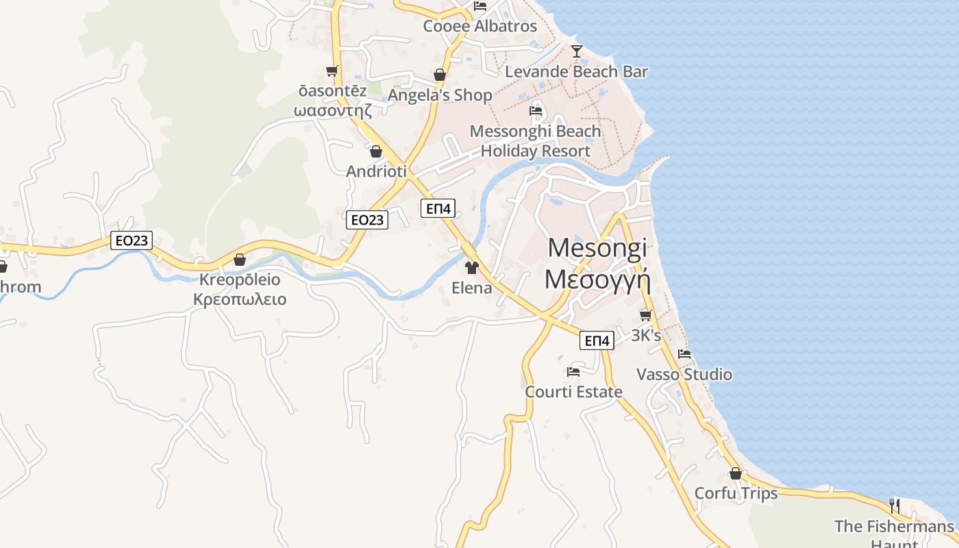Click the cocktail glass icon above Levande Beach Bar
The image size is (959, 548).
(x=577, y=51)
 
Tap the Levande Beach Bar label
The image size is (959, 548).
(x=576, y=71)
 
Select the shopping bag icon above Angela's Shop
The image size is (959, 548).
(x=440, y=75)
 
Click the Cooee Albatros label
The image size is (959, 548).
(x=480, y=26)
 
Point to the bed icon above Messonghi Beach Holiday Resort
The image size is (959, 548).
(x=536, y=110)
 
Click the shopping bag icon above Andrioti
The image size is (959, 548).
(x=376, y=151)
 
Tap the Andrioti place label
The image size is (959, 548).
(x=377, y=171)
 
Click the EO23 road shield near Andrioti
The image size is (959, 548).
(x=367, y=219)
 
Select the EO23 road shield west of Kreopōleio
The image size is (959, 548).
(x=131, y=240)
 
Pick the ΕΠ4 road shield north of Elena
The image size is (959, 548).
(x=438, y=209)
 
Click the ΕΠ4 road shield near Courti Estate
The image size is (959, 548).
(x=597, y=340)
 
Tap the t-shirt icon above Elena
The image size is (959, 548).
(x=471, y=267)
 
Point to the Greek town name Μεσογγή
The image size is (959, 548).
(x=597, y=279)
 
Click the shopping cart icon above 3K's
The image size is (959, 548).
(x=645, y=315)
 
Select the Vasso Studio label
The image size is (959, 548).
(x=684, y=375)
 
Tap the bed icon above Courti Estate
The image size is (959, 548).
(x=573, y=371)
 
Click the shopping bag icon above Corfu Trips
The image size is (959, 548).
(x=736, y=473)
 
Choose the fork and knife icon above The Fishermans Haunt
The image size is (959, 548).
(x=894, y=506)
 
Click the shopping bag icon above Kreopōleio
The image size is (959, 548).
(x=240, y=260)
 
